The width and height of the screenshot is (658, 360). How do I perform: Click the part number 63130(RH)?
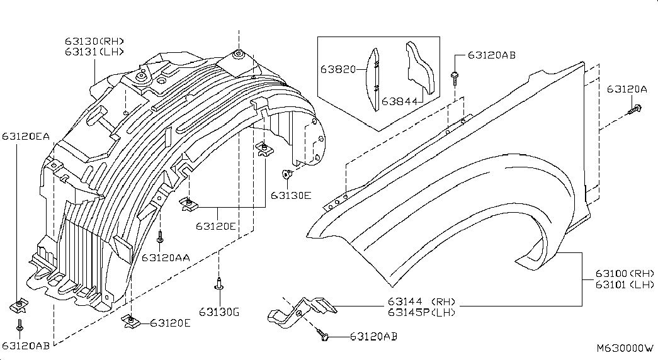(94, 42)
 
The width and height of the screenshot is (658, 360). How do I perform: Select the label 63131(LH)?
(94, 52)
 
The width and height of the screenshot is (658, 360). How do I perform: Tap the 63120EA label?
(25, 135)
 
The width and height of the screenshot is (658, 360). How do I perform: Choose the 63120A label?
(627, 89)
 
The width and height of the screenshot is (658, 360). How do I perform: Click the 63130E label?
(291, 195)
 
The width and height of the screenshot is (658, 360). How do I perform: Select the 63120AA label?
(166, 257)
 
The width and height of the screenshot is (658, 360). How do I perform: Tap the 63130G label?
(219, 312)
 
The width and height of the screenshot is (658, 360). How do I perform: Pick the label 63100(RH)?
(625, 274)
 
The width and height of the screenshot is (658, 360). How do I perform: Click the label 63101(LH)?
(625, 284)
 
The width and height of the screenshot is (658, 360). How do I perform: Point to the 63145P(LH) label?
(421, 312)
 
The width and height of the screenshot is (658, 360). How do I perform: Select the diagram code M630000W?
(625, 347)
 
